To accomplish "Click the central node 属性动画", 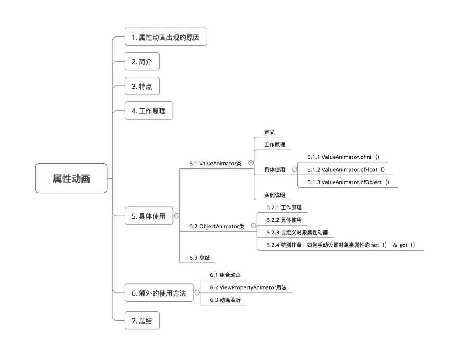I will pyautogui.click(x=71, y=179).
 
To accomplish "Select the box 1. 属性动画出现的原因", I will pyautogui.click(x=166, y=37).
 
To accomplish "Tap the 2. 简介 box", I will pyautogui.click(x=142, y=62).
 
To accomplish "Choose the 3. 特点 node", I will pyautogui.click(x=142, y=86).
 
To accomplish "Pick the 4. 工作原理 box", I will pyautogui.click(x=149, y=111).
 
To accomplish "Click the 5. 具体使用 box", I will pyautogui.click(x=149, y=216).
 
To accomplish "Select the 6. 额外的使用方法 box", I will pyautogui.click(x=159, y=293).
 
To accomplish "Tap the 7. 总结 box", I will pyautogui.click(x=142, y=321).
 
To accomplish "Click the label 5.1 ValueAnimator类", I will pyautogui.click(x=216, y=164).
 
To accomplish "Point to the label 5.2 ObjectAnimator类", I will pyautogui.click(x=217, y=226).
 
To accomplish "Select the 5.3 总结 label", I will pyautogui.click(x=200, y=258).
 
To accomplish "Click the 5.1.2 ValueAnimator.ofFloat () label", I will pyautogui.click(x=346, y=170).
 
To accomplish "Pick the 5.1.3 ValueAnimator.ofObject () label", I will pyautogui.click(x=348, y=182).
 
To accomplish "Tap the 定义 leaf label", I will pyautogui.click(x=269, y=132).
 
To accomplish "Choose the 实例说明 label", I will pyautogui.click(x=275, y=195).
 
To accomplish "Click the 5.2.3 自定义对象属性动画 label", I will pyautogui.click(x=297, y=233).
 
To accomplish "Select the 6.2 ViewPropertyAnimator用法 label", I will pyautogui.click(x=248, y=287).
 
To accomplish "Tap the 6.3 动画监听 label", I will pyautogui.click(x=225, y=300).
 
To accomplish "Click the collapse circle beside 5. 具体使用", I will pyautogui.click(x=177, y=216).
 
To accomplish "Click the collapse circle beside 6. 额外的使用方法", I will pyautogui.click(x=197, y=293).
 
